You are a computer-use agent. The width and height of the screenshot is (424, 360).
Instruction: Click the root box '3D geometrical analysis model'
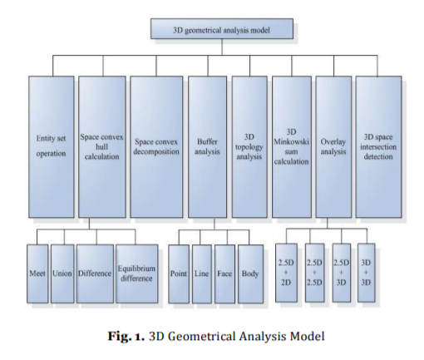tap(222, 28)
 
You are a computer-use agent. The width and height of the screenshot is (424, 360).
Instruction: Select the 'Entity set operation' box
tap(52, 146)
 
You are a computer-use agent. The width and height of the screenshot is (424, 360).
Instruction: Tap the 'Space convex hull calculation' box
tap(102, 146)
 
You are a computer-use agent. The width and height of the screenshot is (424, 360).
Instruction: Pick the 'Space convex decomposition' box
tap(156, 146)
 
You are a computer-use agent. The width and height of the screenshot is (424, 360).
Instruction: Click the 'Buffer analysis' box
tap(207, 146)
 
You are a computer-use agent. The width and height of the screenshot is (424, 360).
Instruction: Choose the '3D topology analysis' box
tap(249, 146)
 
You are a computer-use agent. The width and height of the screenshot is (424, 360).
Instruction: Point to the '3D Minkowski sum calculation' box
tap(292, 146)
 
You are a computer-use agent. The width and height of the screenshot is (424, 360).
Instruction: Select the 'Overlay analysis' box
tap(333, 146)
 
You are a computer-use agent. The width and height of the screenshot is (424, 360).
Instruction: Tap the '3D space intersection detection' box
tap(378, 146)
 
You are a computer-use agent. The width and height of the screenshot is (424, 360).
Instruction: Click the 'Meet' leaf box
tap(37, 274)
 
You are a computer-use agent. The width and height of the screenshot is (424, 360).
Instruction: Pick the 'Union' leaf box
tap(62, 274)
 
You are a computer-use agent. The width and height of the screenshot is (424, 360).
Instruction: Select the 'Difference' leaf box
tap(95, 274)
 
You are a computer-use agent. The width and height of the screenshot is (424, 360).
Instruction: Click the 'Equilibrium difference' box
tap(137, 274)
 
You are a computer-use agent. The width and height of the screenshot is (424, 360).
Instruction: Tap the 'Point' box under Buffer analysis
tap(179, 274)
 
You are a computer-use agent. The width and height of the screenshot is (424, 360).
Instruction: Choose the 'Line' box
tap(202, 274)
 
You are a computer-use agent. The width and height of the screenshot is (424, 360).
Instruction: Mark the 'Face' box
tap(224, 274)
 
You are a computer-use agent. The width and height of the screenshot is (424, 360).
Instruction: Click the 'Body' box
tap(250, 274)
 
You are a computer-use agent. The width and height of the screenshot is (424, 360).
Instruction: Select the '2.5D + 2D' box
tap(286, 273)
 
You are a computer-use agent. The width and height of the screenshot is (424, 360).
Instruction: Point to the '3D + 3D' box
tap(366, 273)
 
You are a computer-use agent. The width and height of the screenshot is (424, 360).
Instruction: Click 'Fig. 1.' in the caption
tap(126, 336)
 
